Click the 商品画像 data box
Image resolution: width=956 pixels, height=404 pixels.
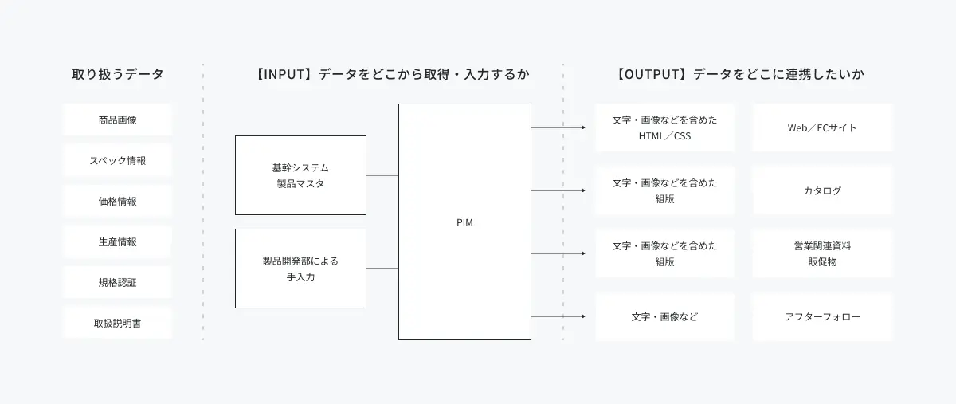coord(117,120)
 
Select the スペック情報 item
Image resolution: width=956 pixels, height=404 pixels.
coord(117,161)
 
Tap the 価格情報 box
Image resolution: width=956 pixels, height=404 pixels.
coord(117,201)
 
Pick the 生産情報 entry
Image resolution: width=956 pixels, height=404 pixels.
coord(117,241)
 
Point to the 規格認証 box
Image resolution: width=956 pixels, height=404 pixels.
coord(117,282)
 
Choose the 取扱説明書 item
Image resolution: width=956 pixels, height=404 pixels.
coord(117,324)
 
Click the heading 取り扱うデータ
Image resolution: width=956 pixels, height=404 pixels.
coord(118,74)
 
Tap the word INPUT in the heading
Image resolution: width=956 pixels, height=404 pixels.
coord(284,74)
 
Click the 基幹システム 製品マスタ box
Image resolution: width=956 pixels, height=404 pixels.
coord(300,175)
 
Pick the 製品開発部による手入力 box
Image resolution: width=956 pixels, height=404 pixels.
coord(300,269)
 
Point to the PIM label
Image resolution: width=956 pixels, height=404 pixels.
coord(464,222)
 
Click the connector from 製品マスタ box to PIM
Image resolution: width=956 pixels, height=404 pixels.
coord(382,175)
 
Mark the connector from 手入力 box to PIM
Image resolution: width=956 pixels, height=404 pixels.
coord(382,269)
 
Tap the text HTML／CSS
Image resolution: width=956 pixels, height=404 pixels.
coord(664,135)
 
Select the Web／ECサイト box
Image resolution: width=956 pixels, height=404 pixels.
coord(822,127)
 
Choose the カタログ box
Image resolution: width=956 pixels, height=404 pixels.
coord(822,190)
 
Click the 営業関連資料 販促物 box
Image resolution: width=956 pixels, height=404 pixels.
coord(822,253)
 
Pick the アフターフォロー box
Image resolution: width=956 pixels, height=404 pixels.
coord(822,316)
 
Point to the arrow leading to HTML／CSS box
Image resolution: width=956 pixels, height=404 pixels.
coord(558,127)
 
